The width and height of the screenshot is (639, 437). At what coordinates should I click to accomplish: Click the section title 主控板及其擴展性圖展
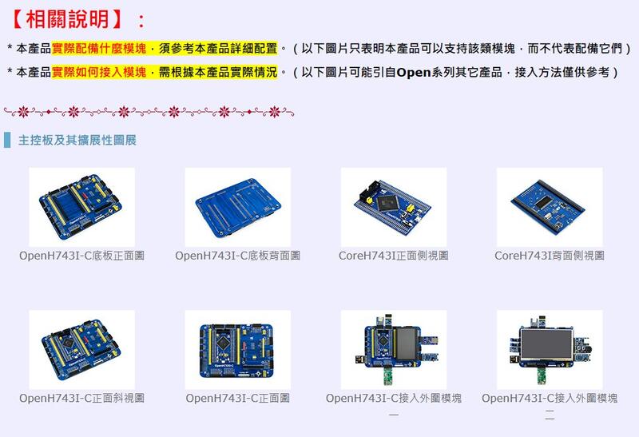point(77,141)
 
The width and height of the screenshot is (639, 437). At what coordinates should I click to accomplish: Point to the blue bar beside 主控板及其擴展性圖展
point(7,141)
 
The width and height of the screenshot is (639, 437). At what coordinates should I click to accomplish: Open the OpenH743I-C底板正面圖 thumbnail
point(81,207)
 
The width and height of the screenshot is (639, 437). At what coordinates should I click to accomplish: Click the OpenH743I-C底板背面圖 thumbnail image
point(237,207)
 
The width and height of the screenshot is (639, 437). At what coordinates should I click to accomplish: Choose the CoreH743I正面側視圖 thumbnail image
point(394,207)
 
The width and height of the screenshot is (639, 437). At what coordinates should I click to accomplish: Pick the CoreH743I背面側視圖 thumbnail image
point(550,207)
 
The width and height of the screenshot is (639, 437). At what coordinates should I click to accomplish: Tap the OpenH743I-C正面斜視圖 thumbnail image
point(81,349)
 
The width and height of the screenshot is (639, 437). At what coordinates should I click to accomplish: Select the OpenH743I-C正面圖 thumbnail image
point(237,349)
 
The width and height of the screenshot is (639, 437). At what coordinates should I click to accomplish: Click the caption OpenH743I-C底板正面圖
point(81,256)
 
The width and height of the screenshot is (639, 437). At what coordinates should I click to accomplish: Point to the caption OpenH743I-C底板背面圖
point(237,256)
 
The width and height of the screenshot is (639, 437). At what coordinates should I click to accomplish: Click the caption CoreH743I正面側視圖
point(394,256)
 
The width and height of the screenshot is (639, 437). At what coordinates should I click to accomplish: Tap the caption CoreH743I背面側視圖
point(550,256)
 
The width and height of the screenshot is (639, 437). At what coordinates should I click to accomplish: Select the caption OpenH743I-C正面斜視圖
point(81,398)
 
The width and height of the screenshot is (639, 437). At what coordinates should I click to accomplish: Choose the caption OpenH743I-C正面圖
point(237,398)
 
